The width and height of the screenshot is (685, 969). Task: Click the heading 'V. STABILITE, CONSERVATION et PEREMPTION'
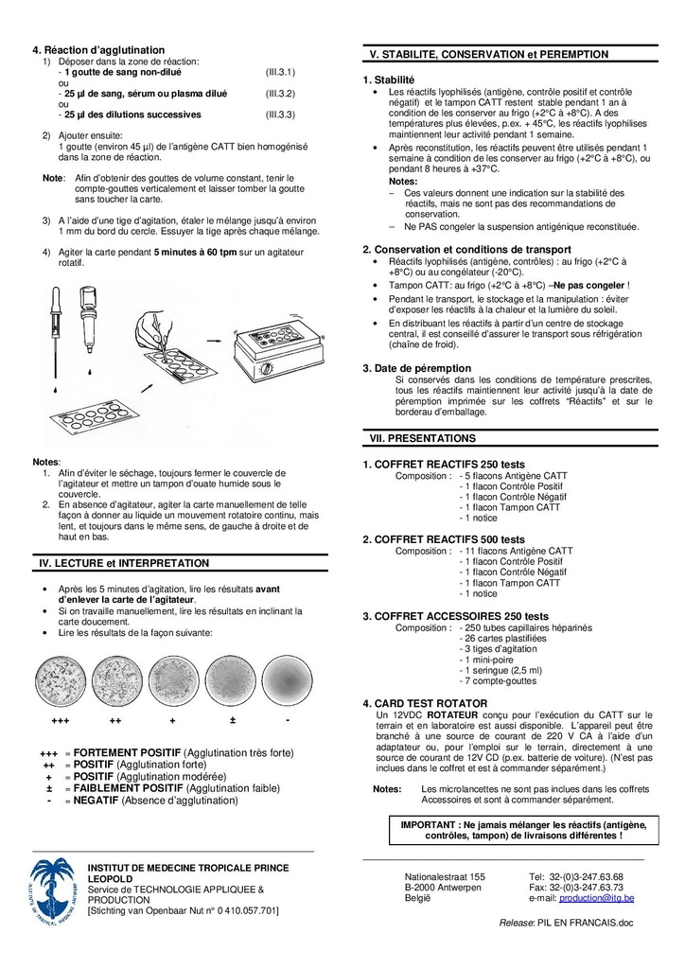[x=486, y=55]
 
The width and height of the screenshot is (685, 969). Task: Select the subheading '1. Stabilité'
[x=389, y=79]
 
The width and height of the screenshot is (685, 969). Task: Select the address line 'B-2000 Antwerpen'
[x=443, y=888]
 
